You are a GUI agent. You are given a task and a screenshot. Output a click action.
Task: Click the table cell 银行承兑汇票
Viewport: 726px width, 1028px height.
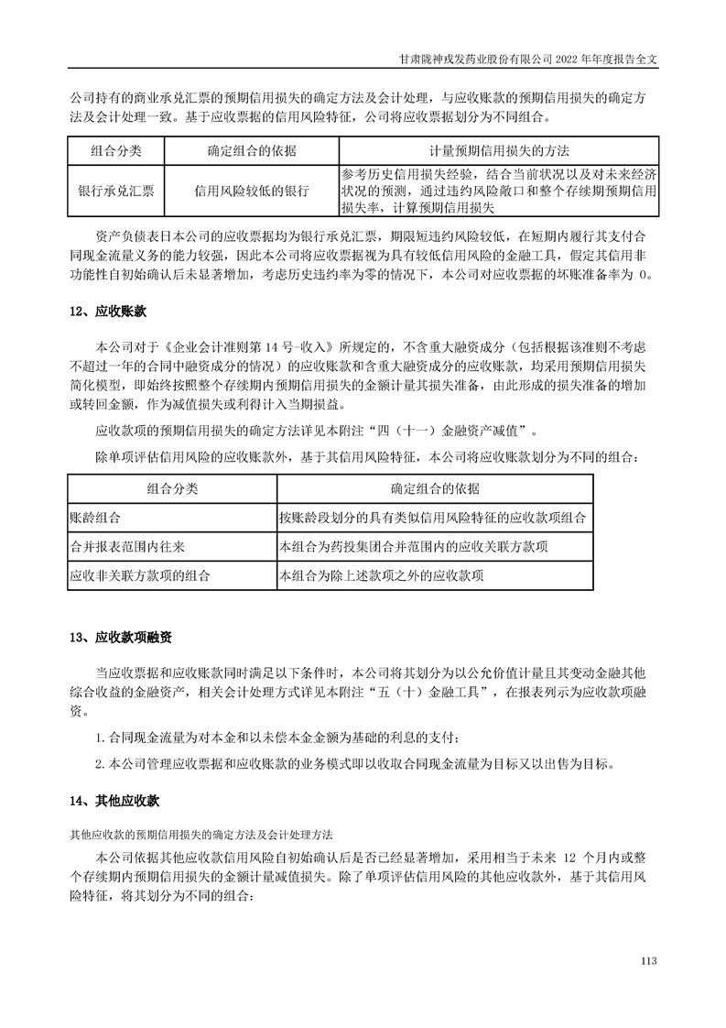115,191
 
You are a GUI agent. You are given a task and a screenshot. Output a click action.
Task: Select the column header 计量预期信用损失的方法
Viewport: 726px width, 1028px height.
499,150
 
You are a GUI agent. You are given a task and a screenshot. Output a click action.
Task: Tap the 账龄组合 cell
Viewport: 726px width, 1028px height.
95,517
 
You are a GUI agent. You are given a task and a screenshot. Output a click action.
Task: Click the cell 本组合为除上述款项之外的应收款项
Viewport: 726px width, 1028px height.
382,576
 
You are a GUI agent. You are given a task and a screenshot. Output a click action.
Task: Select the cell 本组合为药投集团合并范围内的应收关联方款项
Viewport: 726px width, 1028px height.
414,546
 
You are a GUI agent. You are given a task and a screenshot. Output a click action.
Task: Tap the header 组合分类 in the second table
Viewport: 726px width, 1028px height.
172,487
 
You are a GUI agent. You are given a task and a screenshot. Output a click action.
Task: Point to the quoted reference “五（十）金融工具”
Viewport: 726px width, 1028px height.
431,692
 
